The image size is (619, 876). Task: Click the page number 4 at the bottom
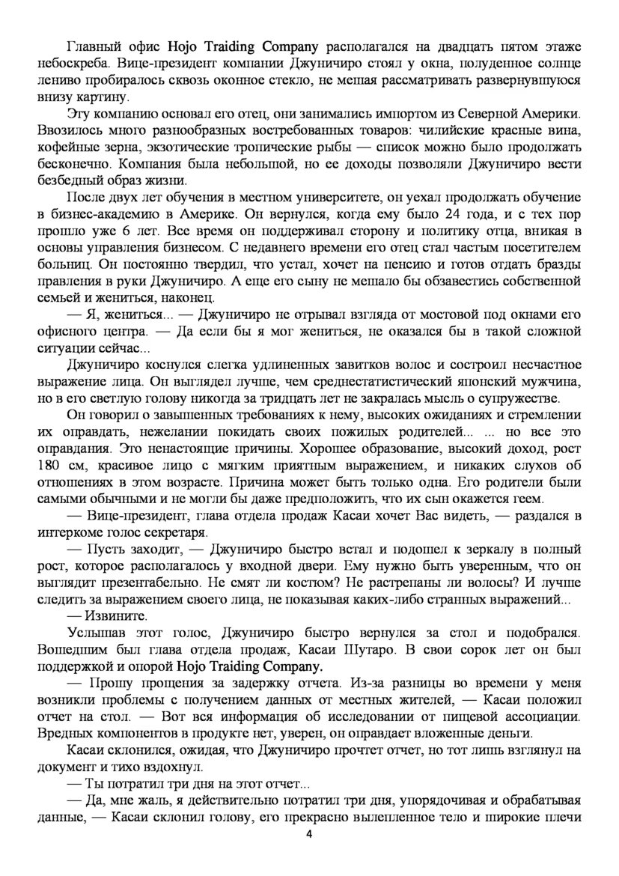click(309, 835)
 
